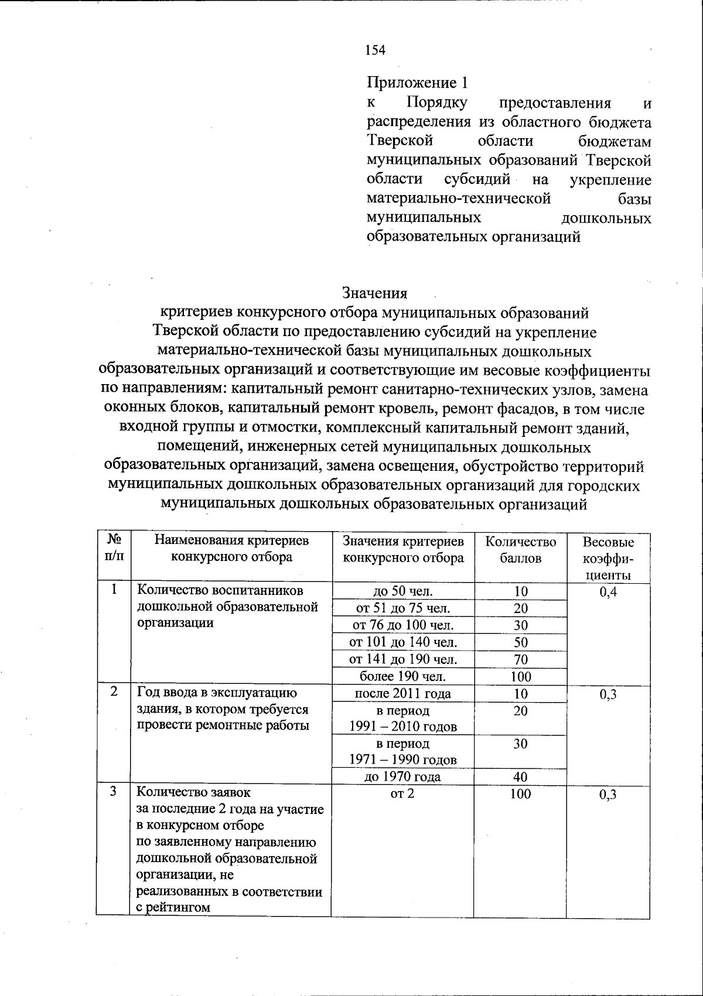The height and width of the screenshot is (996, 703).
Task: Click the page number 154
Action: click(375, 50)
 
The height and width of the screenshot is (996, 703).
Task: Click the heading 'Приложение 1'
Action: click(418, 82)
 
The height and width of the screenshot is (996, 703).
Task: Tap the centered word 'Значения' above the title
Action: click(374, 292)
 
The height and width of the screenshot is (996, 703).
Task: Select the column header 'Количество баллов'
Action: click(520, 550)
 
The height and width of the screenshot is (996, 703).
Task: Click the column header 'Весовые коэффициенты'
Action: click(608, 558)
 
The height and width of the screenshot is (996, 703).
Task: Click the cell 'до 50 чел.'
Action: click(403, 591)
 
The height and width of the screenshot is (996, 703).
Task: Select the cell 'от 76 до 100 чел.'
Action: click(403, 625)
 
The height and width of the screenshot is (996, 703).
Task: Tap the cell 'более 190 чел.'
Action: click(403, 676)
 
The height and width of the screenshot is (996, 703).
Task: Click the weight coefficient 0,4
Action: click(608, 592)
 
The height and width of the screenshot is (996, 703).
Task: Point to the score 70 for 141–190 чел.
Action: click(520, 659)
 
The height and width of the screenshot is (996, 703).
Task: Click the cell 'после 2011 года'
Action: click(403, 694)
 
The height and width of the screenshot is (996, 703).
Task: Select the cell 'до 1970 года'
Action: click(403, 777)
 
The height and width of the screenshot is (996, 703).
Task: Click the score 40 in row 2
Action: click(520, 777)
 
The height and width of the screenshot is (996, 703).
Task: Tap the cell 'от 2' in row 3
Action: click(402, 794)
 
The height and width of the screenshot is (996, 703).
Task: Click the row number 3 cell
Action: click(114, 792)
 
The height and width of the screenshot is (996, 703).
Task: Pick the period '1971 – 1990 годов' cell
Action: click(403, 752)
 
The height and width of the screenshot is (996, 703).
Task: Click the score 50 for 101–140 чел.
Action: click(520, 642)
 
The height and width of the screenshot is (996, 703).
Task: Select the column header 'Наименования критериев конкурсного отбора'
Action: click(231, 549)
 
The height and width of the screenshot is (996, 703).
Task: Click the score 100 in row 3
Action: click(520, 794)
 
